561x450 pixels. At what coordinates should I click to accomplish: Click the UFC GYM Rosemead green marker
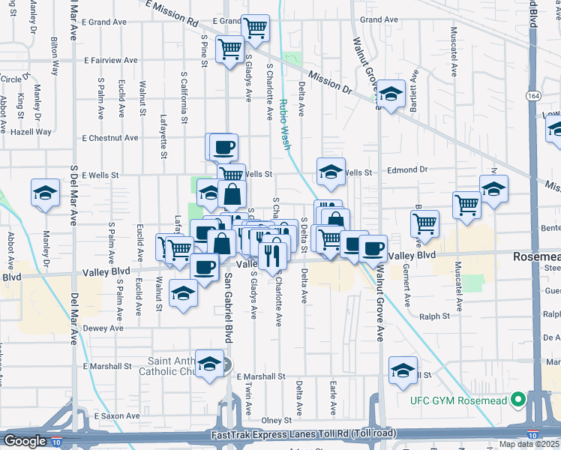[x=517, y=400]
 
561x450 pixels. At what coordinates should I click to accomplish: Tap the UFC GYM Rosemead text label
[x=458, y=400]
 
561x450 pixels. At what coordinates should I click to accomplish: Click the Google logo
[x=25, y=441]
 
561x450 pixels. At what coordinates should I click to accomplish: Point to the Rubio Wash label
[x=286, y=125]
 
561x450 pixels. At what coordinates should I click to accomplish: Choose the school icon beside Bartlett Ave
[x=391, y=94]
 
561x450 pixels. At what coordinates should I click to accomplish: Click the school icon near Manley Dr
[x=45, y=193]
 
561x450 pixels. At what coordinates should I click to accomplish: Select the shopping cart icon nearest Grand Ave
[x=256, y=28]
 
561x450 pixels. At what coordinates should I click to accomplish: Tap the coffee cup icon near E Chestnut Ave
[x=223, y=147]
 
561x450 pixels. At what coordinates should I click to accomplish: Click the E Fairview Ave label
[x=111, y=60]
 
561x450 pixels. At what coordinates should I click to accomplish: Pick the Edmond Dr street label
[x=407, y=170]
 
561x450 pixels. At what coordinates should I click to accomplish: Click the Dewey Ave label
[x=103, y=328]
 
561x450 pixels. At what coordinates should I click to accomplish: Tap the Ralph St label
[x=434, y=316]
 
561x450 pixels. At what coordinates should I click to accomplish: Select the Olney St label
[x=276, y=421]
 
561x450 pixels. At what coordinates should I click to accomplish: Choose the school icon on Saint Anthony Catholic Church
[x=210, y=364]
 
